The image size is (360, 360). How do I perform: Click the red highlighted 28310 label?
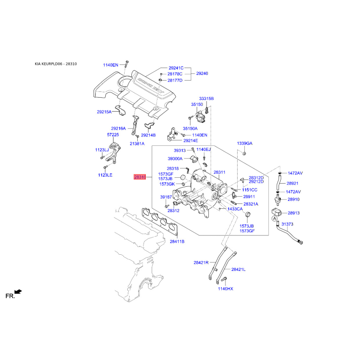point(140,177)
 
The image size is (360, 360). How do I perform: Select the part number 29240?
point(202,73)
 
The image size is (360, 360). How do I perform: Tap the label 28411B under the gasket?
point(177,242)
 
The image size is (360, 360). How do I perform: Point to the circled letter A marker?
point(274,219)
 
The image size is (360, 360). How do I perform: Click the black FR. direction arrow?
point(18,292)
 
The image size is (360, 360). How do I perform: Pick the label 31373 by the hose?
point(287,224)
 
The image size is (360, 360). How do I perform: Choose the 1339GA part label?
point(244,144)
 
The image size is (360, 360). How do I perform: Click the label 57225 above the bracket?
point(113,135)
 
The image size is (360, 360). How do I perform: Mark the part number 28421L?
point(238,269)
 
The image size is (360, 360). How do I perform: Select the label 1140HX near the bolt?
point(225,289)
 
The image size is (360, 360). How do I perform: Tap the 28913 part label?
point(293,213)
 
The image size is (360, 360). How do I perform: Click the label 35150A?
point(190,129)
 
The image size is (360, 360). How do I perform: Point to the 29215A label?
point(104,112)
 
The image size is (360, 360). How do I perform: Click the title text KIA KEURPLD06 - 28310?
point(56,64)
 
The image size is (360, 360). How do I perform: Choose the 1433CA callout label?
point(235,209)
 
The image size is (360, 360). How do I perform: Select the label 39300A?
point(175,159)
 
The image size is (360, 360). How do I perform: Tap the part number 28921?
point(292,184)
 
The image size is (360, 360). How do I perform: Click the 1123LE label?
point(105,175)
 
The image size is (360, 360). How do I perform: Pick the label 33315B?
point(207,99)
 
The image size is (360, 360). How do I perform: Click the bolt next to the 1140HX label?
point(224,279)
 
